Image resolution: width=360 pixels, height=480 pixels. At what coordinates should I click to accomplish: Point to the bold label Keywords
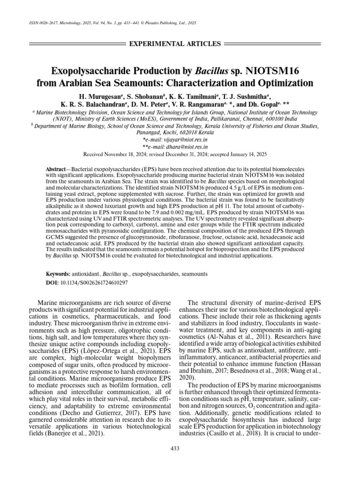pos(58,273)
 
